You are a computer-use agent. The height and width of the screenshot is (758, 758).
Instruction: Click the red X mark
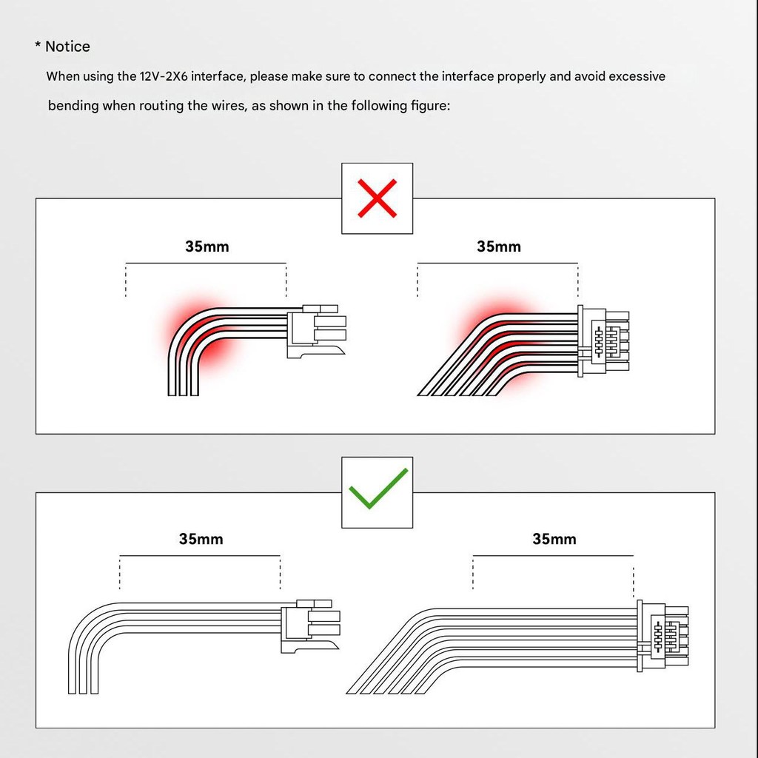pos(377,198)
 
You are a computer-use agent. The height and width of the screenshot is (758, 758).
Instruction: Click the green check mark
pos(378,489)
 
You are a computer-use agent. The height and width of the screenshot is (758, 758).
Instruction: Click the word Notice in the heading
pos(67,47)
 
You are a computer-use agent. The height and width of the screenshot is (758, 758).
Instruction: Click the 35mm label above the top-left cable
pos(207,246)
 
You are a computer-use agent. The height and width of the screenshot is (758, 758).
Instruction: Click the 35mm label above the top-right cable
pos(499,246)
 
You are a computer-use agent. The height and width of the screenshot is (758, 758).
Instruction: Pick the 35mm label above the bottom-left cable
pos(201,539)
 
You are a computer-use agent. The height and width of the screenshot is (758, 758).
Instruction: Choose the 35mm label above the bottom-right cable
pos(554,539)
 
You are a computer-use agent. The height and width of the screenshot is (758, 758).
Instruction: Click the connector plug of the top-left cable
pos(317,332)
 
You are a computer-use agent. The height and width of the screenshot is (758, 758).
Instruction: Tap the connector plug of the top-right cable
pos(603,341)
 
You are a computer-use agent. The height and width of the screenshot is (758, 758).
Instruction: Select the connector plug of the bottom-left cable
pos(310,626)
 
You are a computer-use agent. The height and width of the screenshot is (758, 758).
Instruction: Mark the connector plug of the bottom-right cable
pos(663,636)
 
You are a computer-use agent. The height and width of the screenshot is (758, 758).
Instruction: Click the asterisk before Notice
pos(38,45)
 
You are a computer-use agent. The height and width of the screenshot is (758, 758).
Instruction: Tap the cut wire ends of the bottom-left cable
pos(83,691)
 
